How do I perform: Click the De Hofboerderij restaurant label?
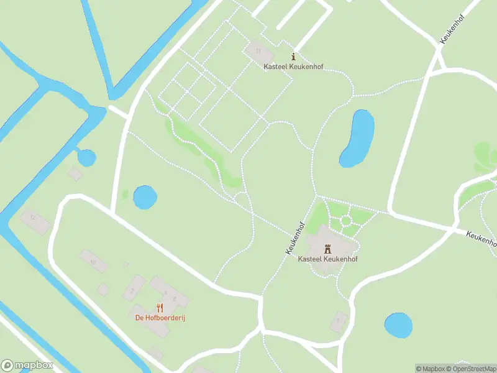pos(161,318)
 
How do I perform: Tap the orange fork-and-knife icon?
pos(160,307)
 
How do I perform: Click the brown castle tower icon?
pos(328,248)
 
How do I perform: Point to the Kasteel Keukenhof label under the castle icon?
pos(328,259)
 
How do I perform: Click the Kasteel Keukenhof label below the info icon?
pos(294,67)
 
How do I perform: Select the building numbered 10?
pos(93,261)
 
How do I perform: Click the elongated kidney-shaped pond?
pos(357,138)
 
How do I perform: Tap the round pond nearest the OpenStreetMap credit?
pos(398,325)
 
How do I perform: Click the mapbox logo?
pos(27,366)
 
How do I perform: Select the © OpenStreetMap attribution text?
pos(470,369)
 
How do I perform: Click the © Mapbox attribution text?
pos(430,369)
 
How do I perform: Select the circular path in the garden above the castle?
pos(345,221)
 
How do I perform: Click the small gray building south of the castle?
pos(339,320)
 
